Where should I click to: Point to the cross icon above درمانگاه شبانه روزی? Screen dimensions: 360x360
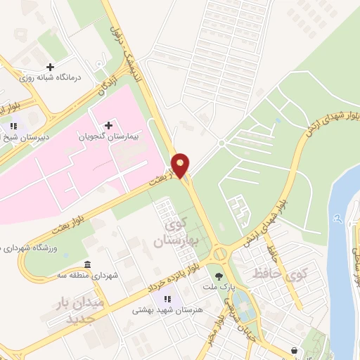click(x=51, y=66)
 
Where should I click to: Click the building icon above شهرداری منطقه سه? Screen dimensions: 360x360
click(x=86, y=264)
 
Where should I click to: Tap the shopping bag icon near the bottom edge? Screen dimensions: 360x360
click(x=295, y=349)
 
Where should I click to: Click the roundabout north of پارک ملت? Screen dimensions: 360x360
click(x=220, y=252)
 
